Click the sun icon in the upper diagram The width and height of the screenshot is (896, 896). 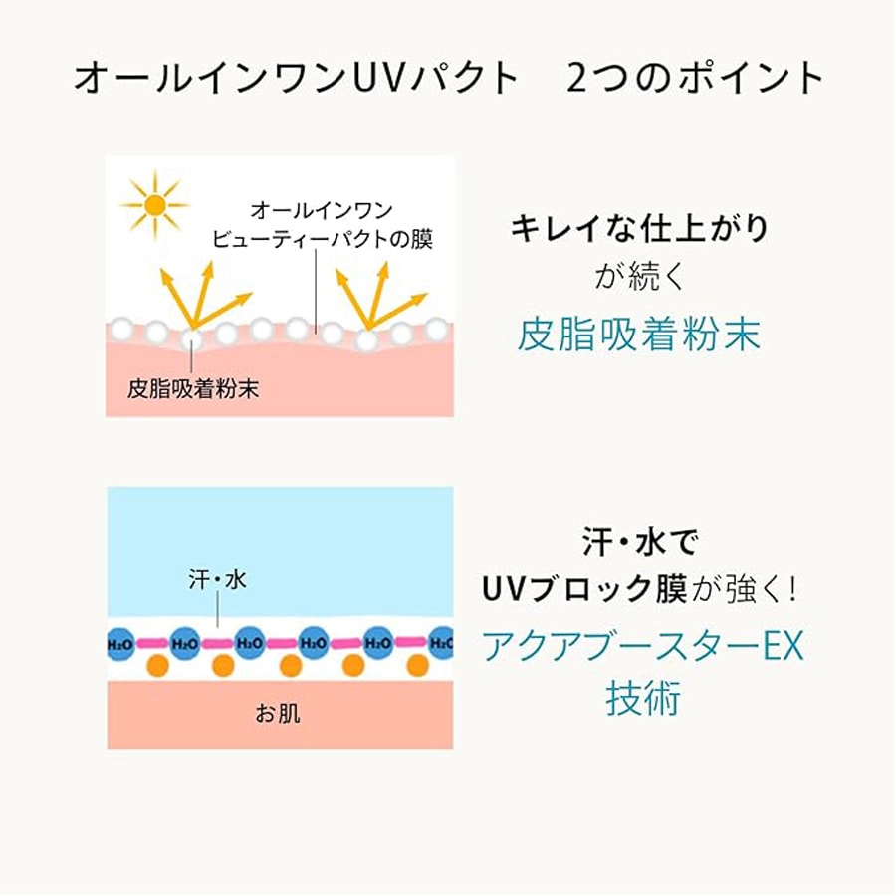click(x=154, y=204)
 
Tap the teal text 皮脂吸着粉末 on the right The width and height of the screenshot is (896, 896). click(x=638, y=336)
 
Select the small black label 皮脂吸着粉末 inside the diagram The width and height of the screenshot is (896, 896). click(x=193, y=388)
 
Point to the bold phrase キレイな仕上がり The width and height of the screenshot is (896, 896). click(x=639, y=229)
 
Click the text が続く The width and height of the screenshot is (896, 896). click(x=639, y=276)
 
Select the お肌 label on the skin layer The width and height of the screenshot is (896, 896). click(x=278, y=714)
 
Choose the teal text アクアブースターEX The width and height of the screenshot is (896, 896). click(x=642, y=647)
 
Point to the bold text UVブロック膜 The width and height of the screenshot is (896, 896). click(x=583, y=590)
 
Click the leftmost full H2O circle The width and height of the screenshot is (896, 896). click(x=185, y=644)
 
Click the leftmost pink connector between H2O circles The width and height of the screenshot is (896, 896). click(x=152, y=644)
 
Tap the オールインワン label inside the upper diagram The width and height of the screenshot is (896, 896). click(x=322, y=210)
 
